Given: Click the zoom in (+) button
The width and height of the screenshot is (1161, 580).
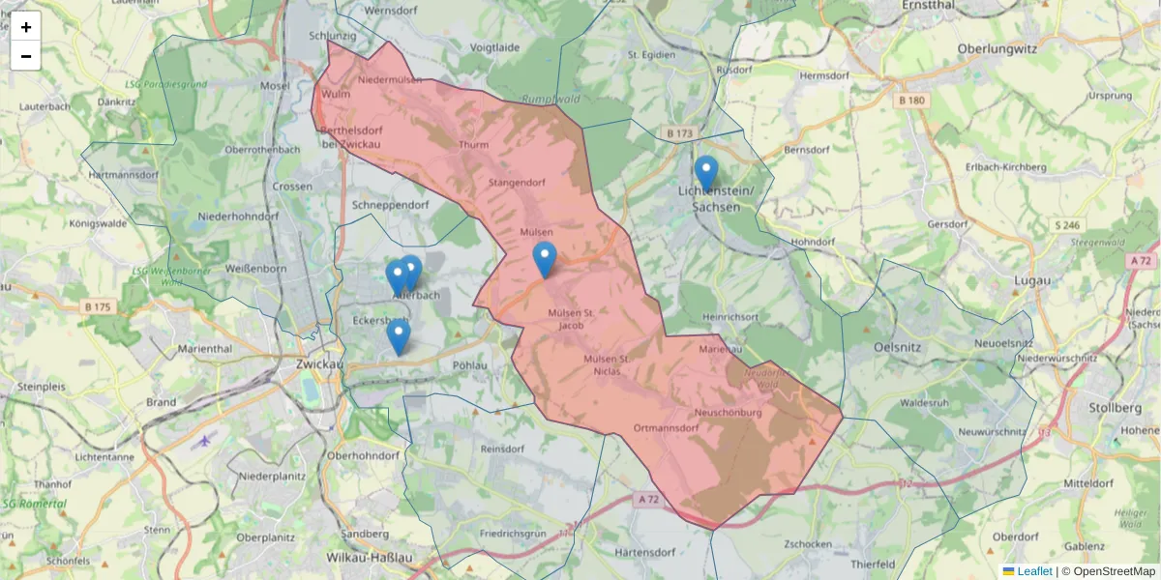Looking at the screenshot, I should click(x=26, y=27).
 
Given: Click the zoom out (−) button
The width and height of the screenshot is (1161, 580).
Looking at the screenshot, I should click(x=26, y=56).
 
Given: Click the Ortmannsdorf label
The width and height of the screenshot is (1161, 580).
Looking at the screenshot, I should click(x=666, y=427).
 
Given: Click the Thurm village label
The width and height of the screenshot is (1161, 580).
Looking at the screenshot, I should click(x=474, y=145).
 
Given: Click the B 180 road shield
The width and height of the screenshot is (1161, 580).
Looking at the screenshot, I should click(x=911, y=101).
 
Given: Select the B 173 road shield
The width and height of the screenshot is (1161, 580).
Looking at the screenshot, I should click(x=680, y=132).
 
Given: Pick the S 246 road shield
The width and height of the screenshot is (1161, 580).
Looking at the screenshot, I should click(x=1068, y=225).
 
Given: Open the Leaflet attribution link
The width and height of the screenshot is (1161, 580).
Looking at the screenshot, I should click(x=1033, y=571).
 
